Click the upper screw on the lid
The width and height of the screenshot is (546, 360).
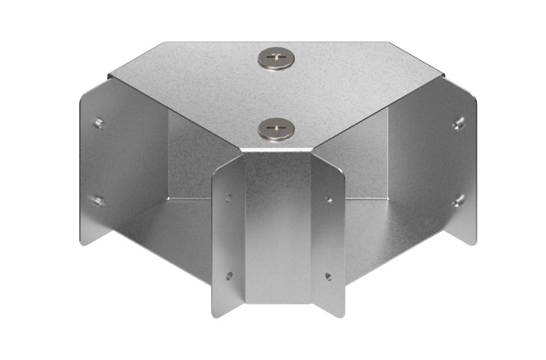[x=276, y=58]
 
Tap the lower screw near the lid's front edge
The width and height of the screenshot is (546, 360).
[x=276, y=130]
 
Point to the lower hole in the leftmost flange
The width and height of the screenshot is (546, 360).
[x=99, y=201]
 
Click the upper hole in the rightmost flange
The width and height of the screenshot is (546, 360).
[x=458, y=123]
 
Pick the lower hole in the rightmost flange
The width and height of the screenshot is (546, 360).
[x=458, y=201]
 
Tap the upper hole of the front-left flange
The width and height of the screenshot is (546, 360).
[x=229, y=197]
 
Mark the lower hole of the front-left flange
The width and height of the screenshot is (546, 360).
[x=228, y=275]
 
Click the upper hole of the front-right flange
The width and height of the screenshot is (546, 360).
[x=328, y=197]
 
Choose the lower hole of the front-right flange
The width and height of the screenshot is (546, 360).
[x=328, y=275]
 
